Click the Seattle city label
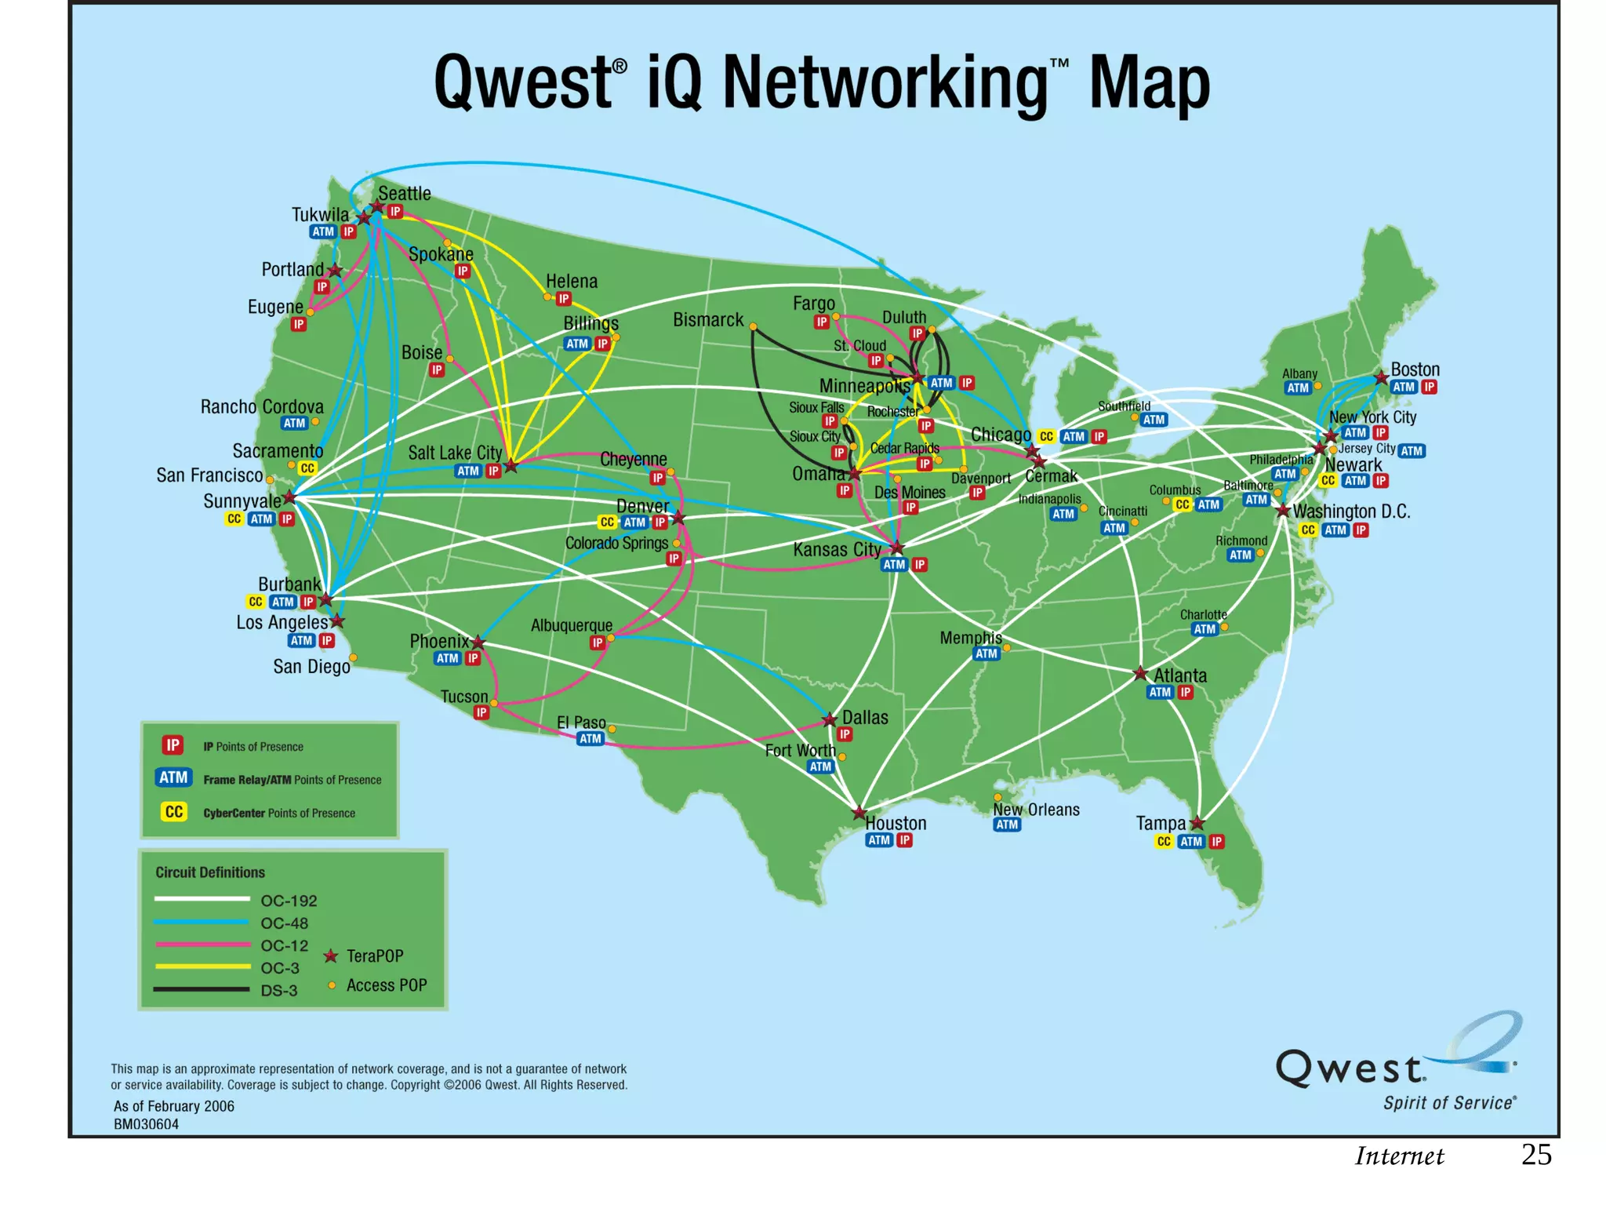pos(404,193)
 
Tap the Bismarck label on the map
pos(707,319)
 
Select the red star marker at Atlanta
pos(1140,674)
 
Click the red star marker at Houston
pos(859,813)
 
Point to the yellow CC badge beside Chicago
pos(1046,437)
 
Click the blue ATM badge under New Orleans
pos(1007,825)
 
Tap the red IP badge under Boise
pos(437,370)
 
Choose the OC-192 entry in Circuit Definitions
pos(289,901)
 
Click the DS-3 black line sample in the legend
pos(202,989)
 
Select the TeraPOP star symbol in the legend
pos(331,956)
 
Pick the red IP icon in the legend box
pos(173,744)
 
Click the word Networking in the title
pos(885,84)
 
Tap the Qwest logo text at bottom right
pos(1350,1068)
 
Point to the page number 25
pos(1535,1155)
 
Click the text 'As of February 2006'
pos(174,1106)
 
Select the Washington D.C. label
pos(1351,511)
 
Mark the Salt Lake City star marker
pos(511,466)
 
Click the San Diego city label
pos(311,667)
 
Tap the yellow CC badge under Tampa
pos(1164,842)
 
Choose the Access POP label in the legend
pos(387,985)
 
